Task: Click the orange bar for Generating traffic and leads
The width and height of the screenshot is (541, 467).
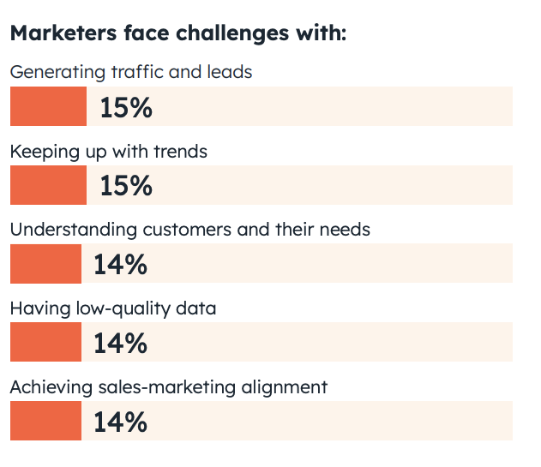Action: [x=48, y=106]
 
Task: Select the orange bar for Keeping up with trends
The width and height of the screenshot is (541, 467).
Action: [x=48, y=185]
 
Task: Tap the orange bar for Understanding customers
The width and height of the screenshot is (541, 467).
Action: [x=45, y=264]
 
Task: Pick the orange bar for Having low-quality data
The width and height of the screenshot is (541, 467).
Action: [x=45, y=343]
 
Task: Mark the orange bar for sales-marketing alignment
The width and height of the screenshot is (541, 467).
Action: [x=45, y=421]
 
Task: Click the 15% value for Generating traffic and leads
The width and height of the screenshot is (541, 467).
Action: [x=125, y=107]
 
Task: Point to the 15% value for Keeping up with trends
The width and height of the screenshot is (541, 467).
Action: [x=125, y=186]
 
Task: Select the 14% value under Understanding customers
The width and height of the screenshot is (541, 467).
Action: [x=120, y=265]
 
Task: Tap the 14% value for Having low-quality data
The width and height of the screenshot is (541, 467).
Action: [x=120, y=344]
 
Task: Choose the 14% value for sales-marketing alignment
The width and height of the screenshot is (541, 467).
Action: [x=120, y=422]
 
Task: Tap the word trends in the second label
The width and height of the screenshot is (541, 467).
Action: [x=179, y=152]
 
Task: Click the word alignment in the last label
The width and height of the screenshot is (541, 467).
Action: [x=285, y=388]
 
